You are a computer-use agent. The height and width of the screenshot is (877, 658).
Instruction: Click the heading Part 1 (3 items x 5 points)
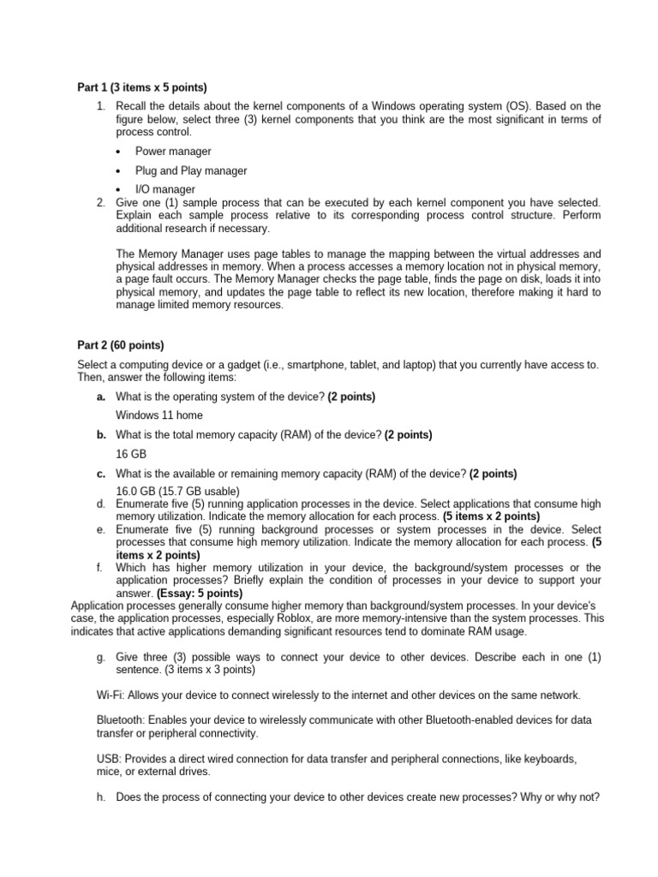tap(142, 87)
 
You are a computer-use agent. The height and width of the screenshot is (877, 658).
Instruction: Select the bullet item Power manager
tap(173, 152)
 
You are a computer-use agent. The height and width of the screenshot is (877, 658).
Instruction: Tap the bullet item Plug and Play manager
tap(191, 170)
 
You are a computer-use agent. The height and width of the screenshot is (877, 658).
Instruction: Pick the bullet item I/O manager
tap(165, 189)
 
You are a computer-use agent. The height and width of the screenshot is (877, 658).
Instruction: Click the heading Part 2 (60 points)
tap(120, 345)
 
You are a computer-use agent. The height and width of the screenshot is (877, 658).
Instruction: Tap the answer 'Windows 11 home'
tap(159, 415)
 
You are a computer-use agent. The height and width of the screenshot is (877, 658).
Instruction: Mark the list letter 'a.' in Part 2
tap(101, 397)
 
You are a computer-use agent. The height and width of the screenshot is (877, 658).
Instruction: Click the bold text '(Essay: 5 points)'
tap(200, 593)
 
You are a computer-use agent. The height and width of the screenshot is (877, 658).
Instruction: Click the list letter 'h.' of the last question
tap(102, 796)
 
